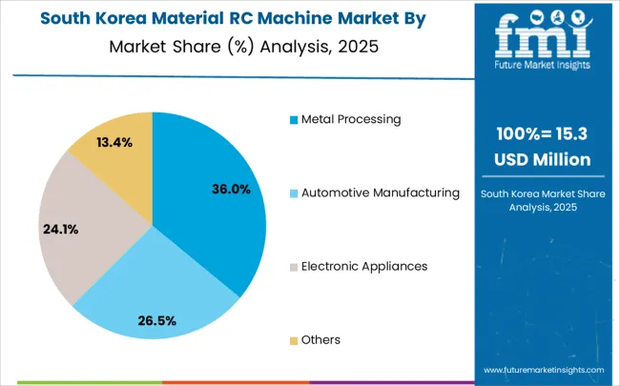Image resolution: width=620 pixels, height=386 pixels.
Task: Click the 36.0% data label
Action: click(x=231, y=190)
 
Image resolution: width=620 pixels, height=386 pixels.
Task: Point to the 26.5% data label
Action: click(x=156, y=320)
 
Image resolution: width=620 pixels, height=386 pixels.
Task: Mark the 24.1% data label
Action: click(x=60, y=229)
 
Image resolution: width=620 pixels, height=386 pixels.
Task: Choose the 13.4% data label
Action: click(x=114, y=142)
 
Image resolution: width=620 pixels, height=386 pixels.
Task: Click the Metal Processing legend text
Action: click(x=351, y=119)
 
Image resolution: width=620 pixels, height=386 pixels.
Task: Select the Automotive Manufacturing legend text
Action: click(x=381, y=193)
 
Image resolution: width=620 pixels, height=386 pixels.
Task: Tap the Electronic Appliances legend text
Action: click(x=364, y=266)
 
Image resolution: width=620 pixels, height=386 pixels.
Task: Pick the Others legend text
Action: click(x=320, y=339)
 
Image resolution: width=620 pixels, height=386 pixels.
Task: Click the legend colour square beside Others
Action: click(x=294, y=340)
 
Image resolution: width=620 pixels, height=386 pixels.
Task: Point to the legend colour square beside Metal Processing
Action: click(x=294, y=120)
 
